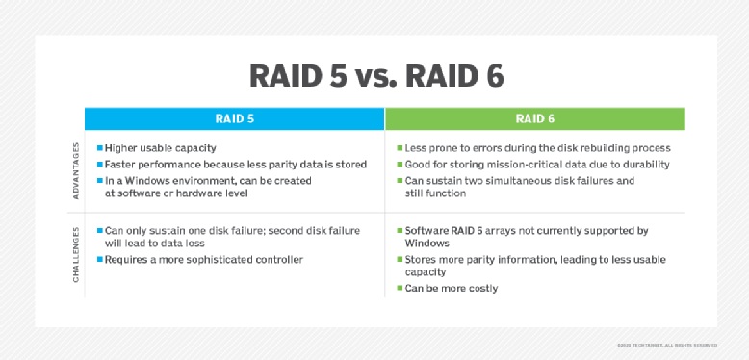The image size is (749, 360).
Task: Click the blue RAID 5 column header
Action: coord(234,118)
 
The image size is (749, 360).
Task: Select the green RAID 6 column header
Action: coord(534,118)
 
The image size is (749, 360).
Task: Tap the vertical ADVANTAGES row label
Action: coord(76,172)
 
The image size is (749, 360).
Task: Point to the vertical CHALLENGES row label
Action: coord(76,255)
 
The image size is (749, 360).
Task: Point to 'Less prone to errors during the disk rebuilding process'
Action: coord(537,149)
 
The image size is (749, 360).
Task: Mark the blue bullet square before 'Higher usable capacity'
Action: coord(99,149)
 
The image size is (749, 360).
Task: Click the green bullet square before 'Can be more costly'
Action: coord(399,288)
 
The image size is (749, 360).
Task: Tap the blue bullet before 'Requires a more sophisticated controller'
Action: coord(99,260)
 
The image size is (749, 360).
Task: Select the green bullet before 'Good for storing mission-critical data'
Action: coord(399,165)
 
